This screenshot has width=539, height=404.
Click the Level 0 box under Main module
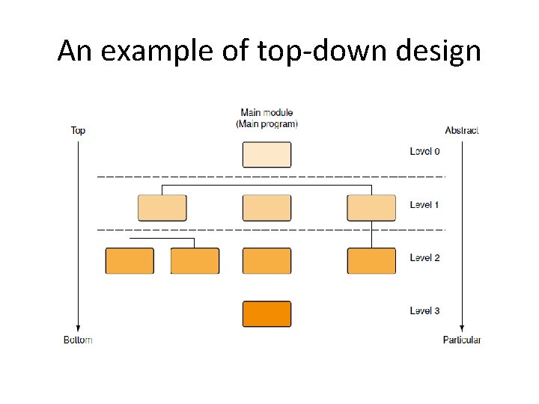267,154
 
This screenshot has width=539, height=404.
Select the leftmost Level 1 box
162,207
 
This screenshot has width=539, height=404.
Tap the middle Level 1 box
267,207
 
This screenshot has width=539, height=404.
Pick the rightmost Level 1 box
371,207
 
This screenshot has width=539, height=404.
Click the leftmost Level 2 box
130,260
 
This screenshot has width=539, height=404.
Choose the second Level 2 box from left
195,260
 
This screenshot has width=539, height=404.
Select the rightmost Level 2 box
371,260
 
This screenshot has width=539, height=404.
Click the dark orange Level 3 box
267,313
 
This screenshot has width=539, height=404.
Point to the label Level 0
425,152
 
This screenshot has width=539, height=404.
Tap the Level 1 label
425,204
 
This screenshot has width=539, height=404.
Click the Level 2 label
425,257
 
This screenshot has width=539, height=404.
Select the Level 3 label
425,310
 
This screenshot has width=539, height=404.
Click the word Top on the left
78,130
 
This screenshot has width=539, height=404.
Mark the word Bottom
78,340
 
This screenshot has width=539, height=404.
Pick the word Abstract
462,130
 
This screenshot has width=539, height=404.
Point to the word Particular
462,340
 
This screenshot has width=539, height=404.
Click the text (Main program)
267,124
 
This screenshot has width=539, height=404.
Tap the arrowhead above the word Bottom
78,327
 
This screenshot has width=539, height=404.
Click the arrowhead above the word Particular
462,327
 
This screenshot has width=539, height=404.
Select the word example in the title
157,51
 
